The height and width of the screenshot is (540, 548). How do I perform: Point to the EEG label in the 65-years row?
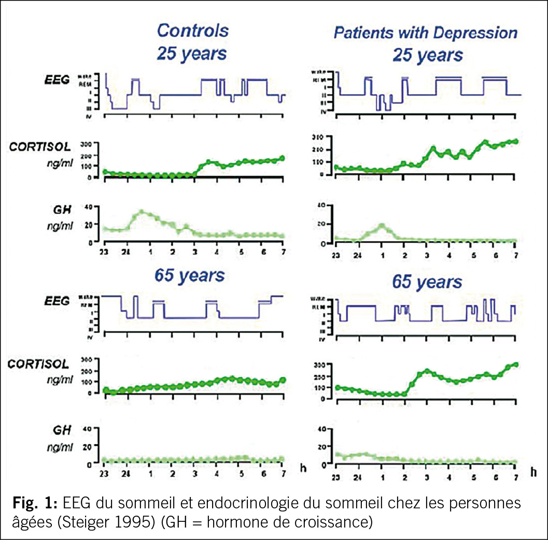[x=56, y=301]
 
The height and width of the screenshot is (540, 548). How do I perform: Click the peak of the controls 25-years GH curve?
[x=141, y=212]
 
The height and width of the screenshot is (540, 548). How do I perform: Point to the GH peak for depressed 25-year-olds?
[x=382, y=225]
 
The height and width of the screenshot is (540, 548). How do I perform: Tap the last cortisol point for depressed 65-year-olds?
[x=516, y=365]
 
